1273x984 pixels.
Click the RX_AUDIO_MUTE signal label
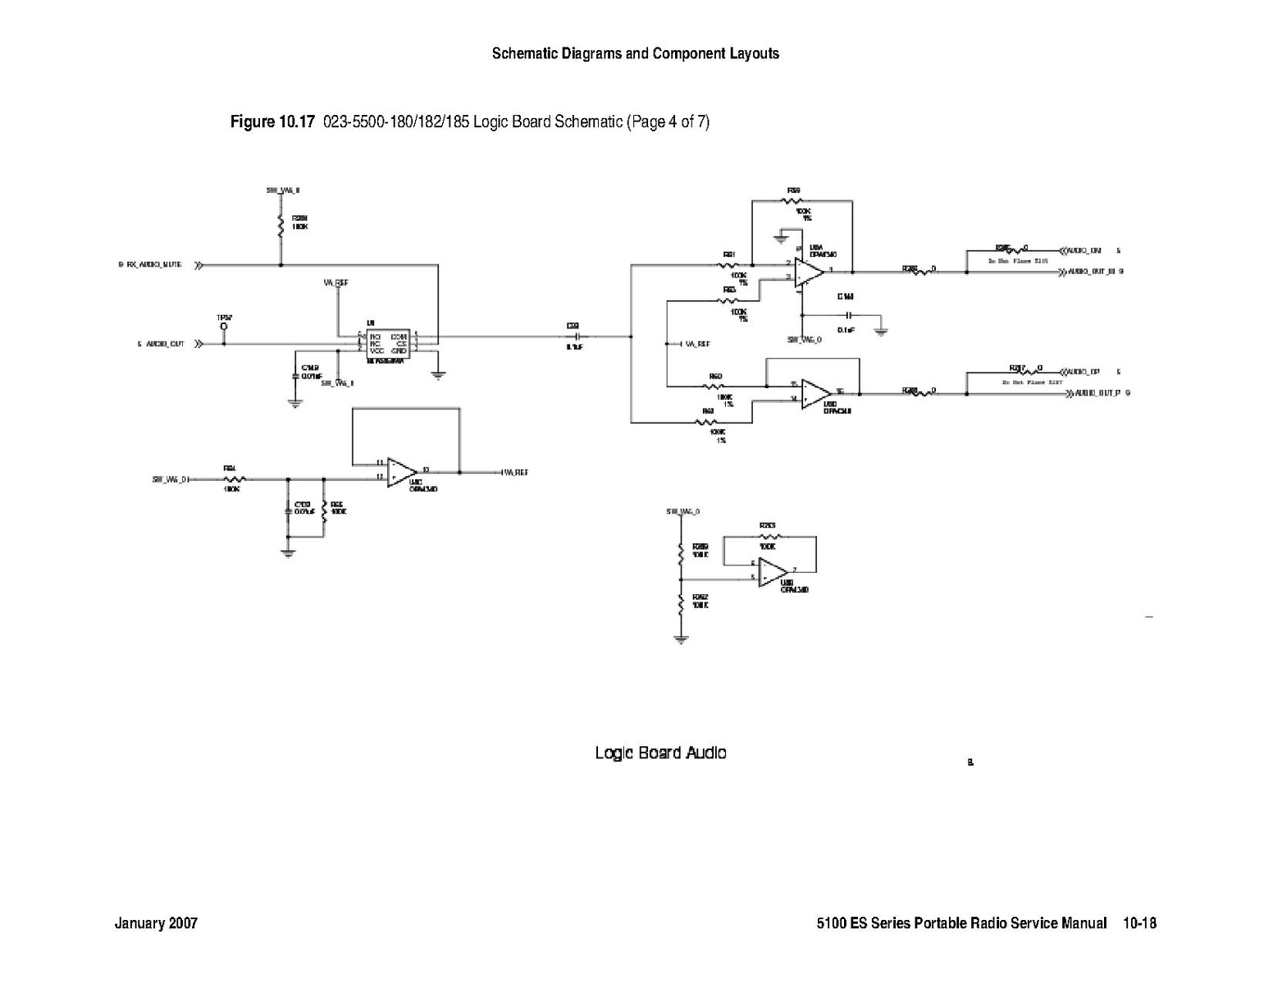click(x=153, y=265)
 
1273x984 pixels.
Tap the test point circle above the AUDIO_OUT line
click(x=223, y=327)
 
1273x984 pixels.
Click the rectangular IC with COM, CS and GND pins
click(x=387, y=343)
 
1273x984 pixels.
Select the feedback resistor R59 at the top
click(x=793, y=201)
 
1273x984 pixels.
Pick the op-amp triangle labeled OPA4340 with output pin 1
click(x=809, y=269)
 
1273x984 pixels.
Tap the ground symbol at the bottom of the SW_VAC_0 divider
click(x=681, y=639)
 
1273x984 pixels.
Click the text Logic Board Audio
click(x=660, y=753)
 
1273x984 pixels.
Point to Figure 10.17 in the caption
click(x=272, y=122)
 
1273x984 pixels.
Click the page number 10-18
click(x=1139, y=923)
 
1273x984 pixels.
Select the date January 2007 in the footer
click(x=156, y=923)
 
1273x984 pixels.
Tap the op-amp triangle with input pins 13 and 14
click(x=815, y=394)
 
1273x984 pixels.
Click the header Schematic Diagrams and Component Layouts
click(x=635, y=54)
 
